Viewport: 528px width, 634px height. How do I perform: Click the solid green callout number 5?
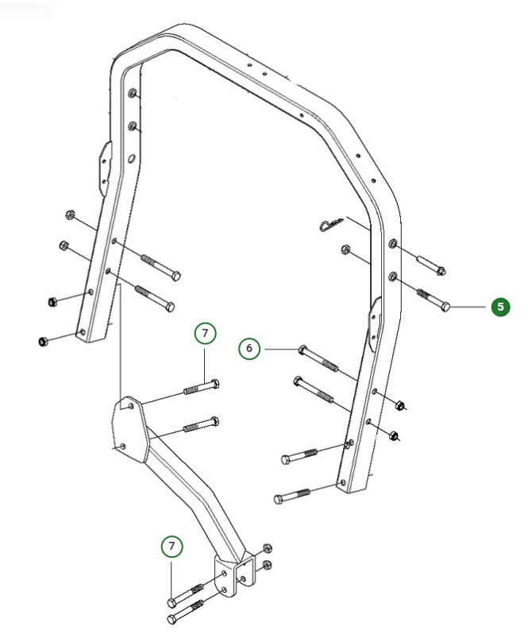pyautogui.click(x=499, y=307)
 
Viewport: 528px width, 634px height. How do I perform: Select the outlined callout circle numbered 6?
pyautogui.click(x=249, y=348)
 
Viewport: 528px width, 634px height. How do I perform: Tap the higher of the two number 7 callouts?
pyautogui.click(x=204, y=333)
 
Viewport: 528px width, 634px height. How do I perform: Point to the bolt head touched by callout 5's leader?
pyautogui.click(x=447, y=307)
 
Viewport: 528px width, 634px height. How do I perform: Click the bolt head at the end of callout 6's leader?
pyautogui.click(x=303, y=349)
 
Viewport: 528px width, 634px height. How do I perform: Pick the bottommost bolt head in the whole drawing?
pyautogui.click(x=171, y=619)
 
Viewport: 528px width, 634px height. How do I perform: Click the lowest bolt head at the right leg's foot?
pyautogui.click(x=279, y=498)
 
